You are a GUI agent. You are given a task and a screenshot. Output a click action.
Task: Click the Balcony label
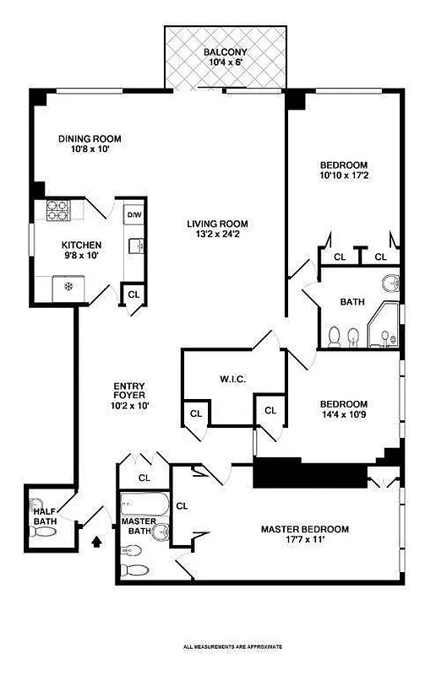click(225, 52)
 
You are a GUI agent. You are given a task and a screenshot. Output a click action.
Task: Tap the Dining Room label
click(90, 139)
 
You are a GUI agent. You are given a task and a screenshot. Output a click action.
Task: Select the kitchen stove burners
click(56, 210)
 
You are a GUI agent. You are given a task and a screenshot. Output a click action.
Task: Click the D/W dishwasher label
click(134, 215)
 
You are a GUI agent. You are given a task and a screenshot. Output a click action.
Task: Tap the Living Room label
click(217, 224)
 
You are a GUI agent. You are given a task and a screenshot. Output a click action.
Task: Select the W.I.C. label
click(232, 379)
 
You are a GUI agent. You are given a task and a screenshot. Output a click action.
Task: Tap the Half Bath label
click(44, 516)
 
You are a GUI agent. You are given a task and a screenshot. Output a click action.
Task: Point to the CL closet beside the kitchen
click(134, 294)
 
